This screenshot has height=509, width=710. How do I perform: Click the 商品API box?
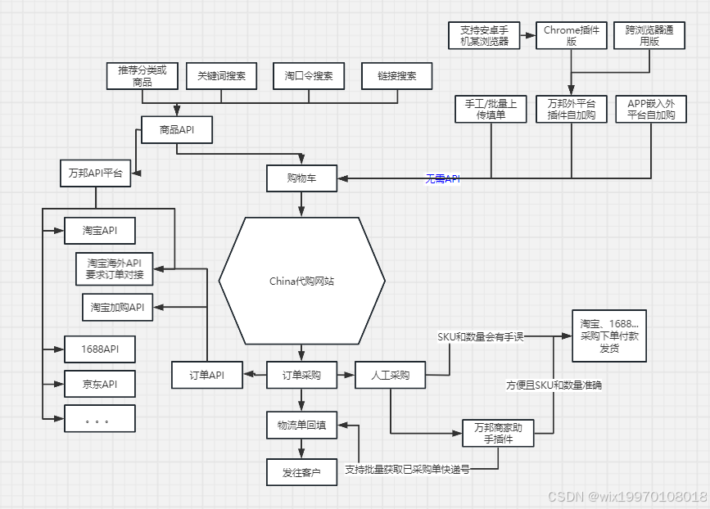[177, 129]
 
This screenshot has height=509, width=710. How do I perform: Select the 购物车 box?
[301, 178]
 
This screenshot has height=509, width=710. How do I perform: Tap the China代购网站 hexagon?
[301, 281]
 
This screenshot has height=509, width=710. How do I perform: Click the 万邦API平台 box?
[96, 173]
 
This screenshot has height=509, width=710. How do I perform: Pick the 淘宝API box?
[99, 231]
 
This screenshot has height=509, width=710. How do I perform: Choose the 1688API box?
[99, 349]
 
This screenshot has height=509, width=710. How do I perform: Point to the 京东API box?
[99, 384]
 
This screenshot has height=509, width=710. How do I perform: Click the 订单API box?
[207, 376]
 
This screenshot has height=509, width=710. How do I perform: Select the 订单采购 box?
[301, 376]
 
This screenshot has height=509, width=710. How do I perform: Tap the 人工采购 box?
[389, 376]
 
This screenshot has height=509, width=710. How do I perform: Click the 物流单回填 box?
[301, 425]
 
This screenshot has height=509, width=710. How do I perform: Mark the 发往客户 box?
[301, 472]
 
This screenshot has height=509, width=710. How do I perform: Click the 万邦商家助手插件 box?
[498, 433]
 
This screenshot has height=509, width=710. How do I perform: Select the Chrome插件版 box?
[572, 36]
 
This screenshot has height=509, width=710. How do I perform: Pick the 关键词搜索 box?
[221, 76]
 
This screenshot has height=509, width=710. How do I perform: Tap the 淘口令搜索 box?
[309, 76]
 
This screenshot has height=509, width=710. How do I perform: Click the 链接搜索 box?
[396, 76]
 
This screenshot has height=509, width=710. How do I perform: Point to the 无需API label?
[442, 178]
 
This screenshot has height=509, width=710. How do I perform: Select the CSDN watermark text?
[626, 497]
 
